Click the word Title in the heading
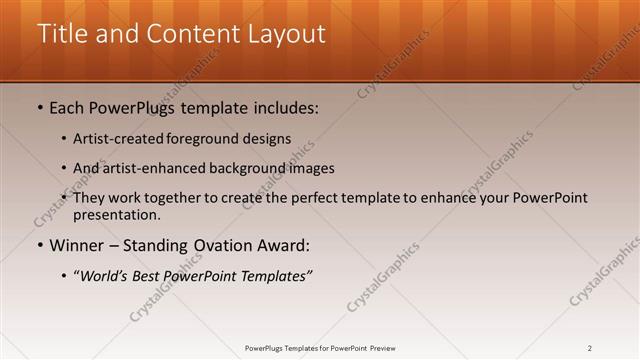(61, 33)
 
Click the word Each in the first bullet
(68, 107)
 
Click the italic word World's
(103, 275)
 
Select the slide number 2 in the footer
(590, 348)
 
